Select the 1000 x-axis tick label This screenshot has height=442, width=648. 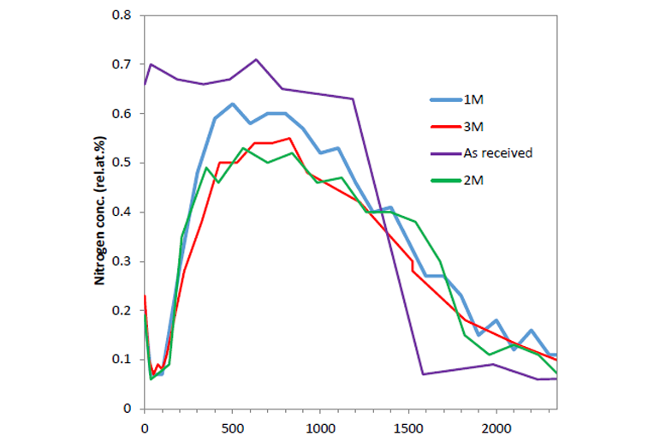pyautogui.click(x=320, y=426)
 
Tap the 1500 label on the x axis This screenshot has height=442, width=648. pyautogui.click(x=408, y=426)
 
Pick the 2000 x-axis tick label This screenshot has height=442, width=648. pyautogui.click(x=496, y=426)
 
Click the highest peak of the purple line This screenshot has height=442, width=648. pyautogui.click(x=256, y=59)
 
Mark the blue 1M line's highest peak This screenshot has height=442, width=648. pyautogui.click(x=232, y=104)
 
